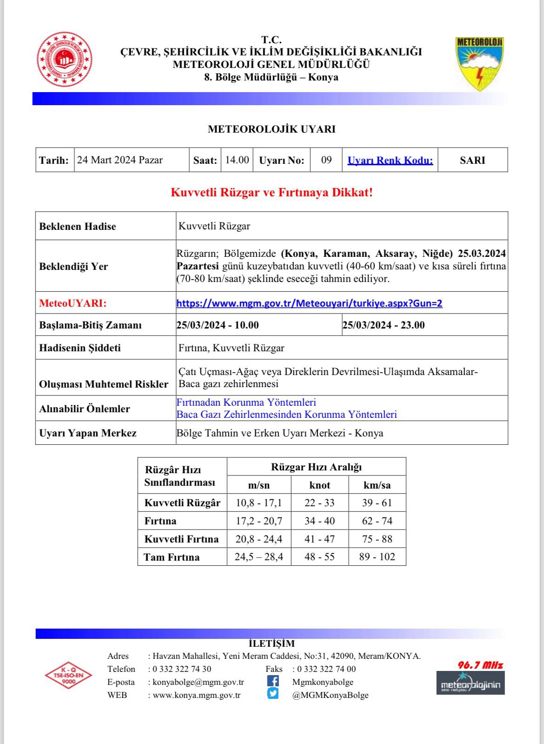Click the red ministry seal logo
(64, 59)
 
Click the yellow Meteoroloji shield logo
(479, 63)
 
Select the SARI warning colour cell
(472, 160)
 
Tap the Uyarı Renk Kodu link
(390, 160)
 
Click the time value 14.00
(237, 160)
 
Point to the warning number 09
(326, 160)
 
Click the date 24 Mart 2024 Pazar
(120, 160)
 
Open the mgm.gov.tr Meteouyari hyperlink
(309, 303)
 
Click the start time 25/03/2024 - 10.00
(218, 325)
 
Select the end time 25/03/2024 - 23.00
(384, 325)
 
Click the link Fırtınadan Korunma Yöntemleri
(246, 402)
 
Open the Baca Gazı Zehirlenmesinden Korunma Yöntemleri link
(286, 414)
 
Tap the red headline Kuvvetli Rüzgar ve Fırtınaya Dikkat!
(272, 192)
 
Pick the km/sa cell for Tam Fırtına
(377, 556)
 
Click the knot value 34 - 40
(319, 521)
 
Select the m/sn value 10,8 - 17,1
(259, 503)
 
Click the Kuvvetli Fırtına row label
(181, 539)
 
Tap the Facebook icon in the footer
(273, 681)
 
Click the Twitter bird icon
(273, 694)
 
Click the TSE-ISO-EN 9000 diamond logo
(68, 675)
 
